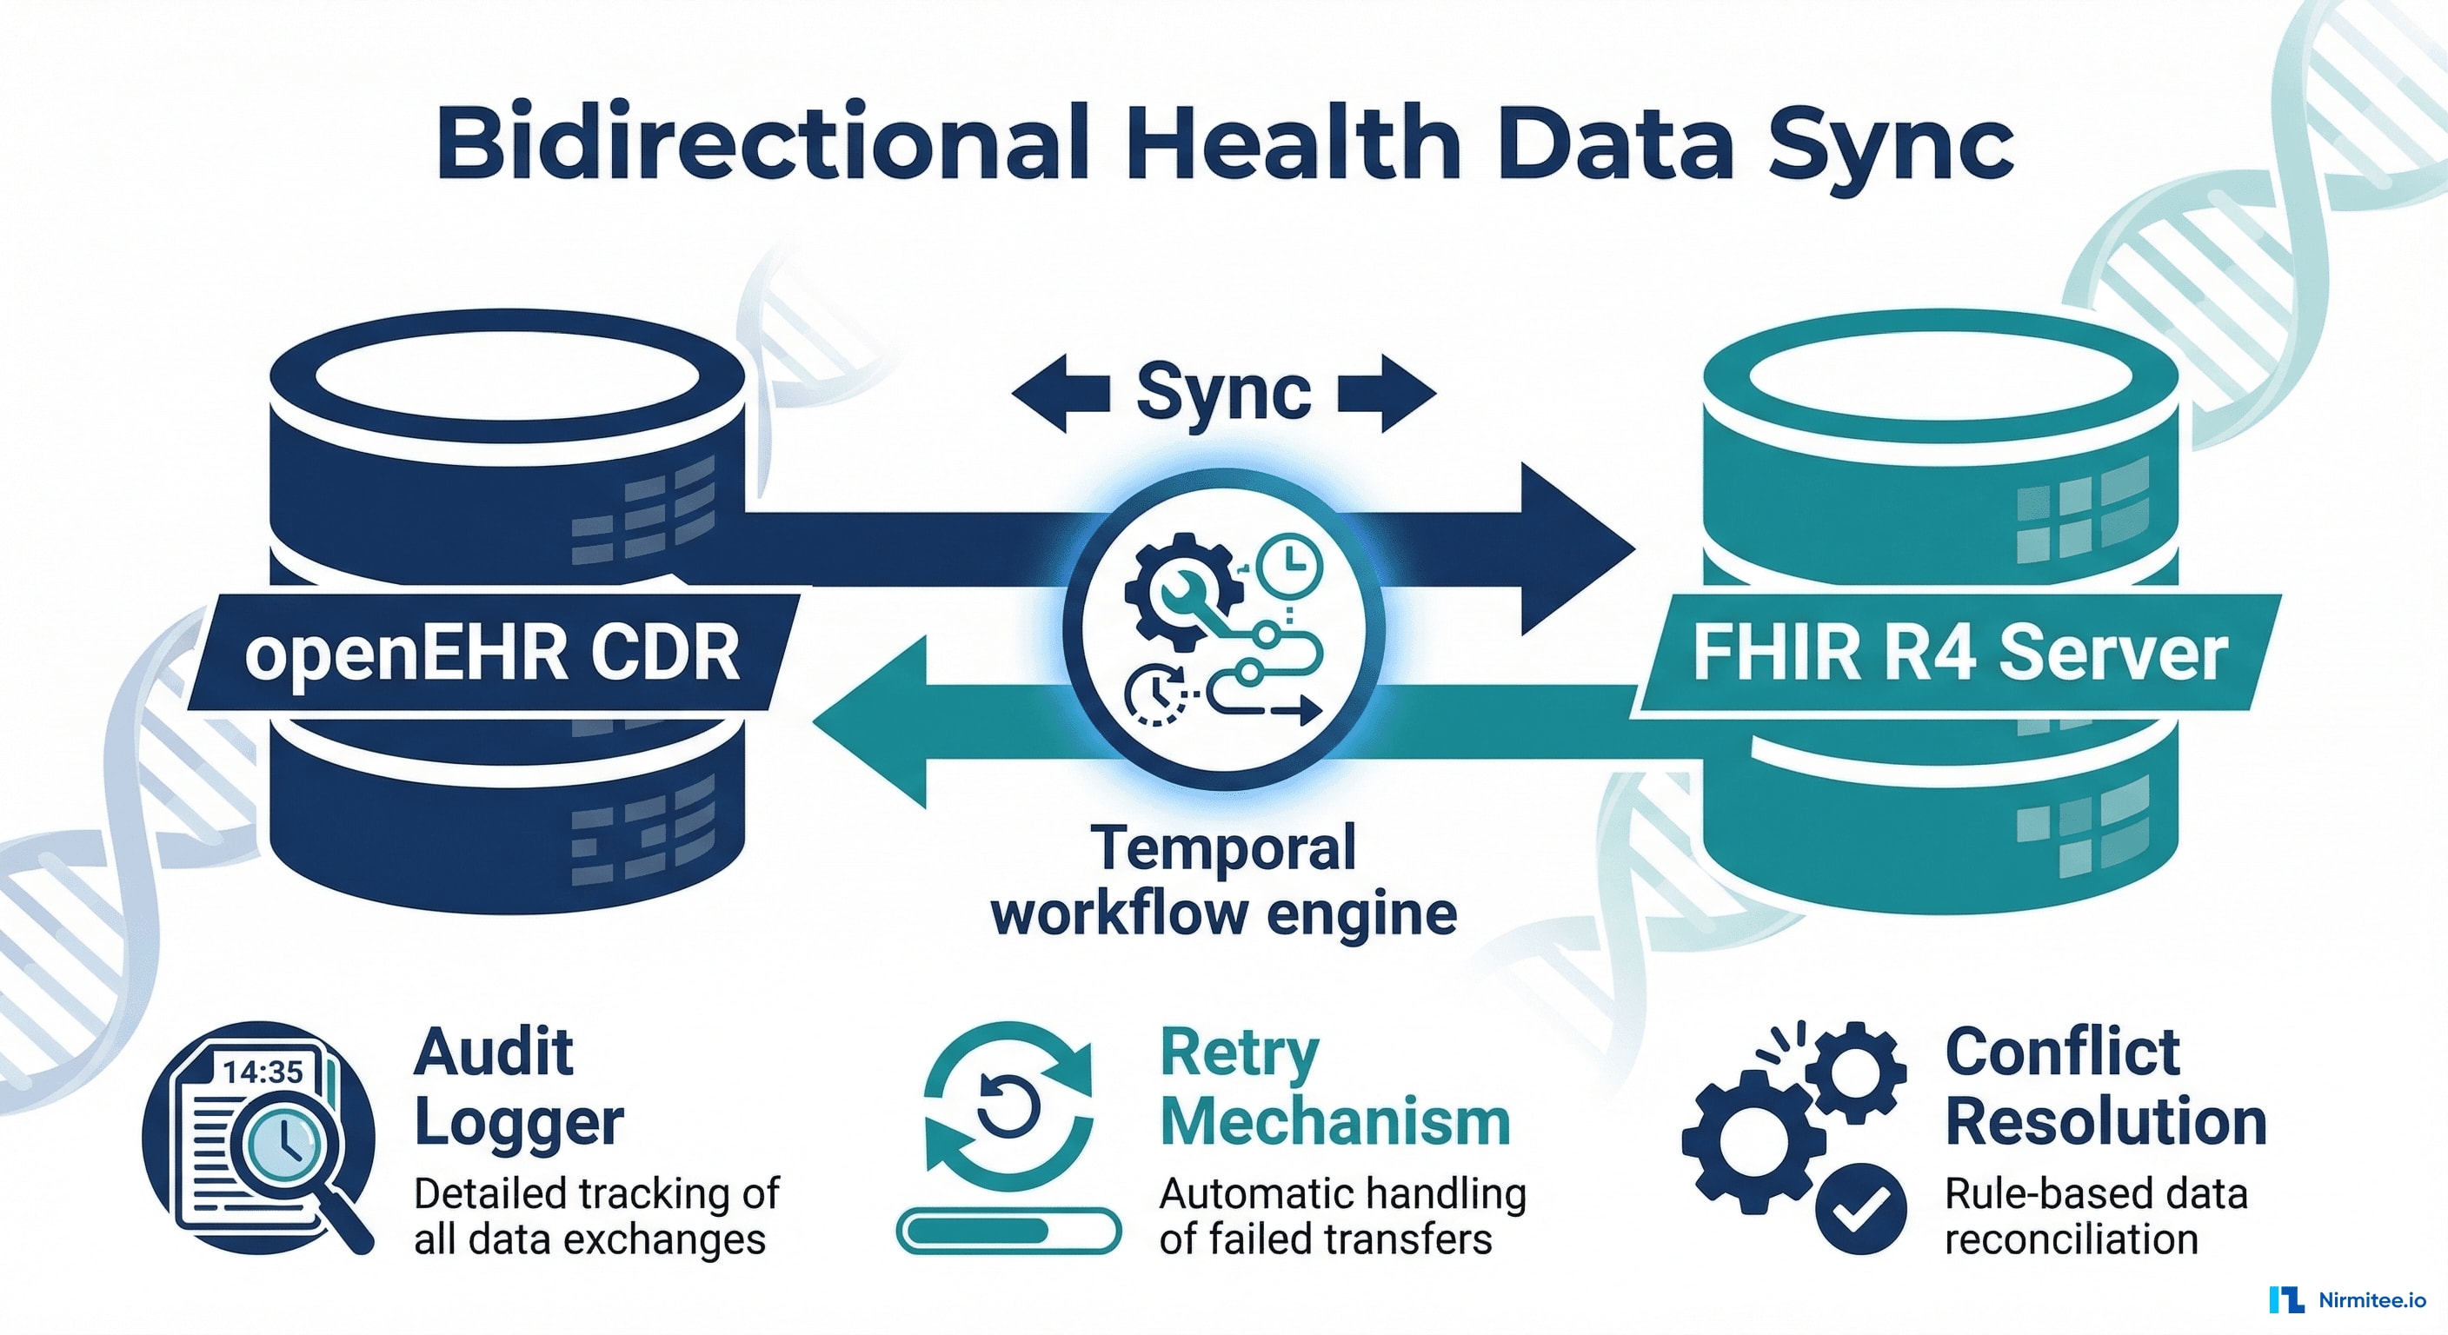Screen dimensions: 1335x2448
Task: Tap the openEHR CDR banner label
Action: coord(491,654)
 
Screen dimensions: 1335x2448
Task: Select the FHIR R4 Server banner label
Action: coord(1959,654)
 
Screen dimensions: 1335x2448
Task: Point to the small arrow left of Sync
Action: coord(1060,393)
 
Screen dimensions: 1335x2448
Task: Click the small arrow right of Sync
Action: coord(1388,393)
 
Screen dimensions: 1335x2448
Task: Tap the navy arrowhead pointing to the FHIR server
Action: coord(1573,548)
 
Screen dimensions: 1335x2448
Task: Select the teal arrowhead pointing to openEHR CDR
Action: coord(875,722)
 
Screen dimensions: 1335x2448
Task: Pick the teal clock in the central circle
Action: coord(1288,565)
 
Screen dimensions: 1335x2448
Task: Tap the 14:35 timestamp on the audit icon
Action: coord(263,1073)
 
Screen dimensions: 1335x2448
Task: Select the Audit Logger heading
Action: coord(518,1088)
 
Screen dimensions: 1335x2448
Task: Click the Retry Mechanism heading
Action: coord(1334,1088)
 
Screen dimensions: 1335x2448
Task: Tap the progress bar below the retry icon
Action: coord(1008,1231)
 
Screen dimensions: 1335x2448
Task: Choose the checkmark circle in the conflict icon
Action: coord(1859,1210)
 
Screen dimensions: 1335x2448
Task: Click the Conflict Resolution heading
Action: coord(2105,1088)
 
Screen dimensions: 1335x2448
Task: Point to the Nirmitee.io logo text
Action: coord(2371,1300)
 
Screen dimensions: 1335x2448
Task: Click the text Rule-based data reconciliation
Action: coord(2095,1216)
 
